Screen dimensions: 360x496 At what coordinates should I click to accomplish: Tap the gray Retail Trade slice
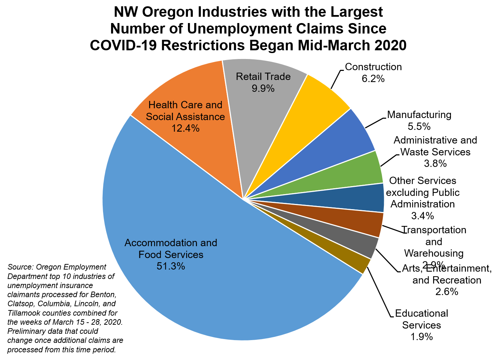point(265,105)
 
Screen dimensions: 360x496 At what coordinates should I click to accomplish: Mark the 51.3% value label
point(171,266)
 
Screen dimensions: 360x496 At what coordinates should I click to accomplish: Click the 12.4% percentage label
point(185,128)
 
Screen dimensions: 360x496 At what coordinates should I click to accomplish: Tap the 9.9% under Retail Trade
point(263,88)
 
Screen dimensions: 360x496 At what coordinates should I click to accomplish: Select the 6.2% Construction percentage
point(373,79)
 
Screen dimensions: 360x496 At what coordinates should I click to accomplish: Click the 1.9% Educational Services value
point(422,337)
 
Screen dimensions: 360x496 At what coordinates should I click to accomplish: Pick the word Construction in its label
point(373,67)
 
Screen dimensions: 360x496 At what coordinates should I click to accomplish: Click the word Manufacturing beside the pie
point(419,115)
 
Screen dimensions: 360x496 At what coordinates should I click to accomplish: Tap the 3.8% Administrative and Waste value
point(435,163)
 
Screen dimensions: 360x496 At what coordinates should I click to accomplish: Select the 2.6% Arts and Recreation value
point(447,292)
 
